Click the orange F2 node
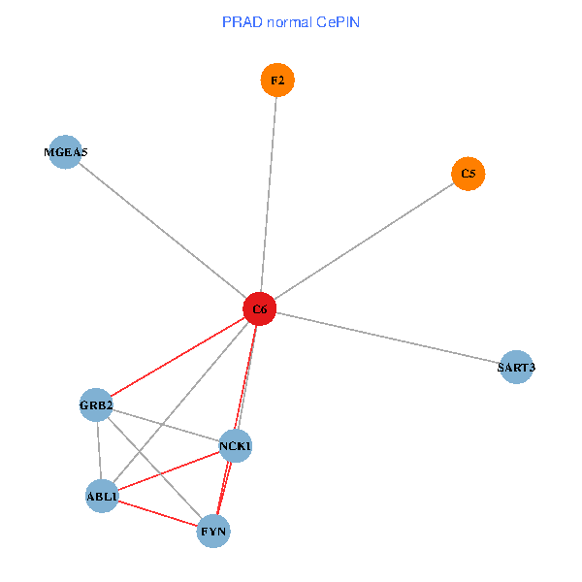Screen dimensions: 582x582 [x=277, y=81]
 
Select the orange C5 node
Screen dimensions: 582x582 [x=469, y=174]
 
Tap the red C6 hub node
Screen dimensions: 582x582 [x=260, y=308]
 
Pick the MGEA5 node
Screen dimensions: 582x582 [x=65, y=152]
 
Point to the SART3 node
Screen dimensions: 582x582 [x=516, y=367]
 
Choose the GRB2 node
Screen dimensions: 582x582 [x=96, y=404]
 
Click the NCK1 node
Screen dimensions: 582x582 [x=236, y=446]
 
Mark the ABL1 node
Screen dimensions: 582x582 [x=102, y=496]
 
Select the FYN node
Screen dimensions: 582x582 [x=213, y=532]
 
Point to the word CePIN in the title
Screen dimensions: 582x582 [x=339, y=22]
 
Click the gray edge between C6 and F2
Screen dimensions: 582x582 [x=269, y=195]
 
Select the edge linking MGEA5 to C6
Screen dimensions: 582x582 [x=163, y=231]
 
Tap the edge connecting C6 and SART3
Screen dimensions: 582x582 [x=388, y=339]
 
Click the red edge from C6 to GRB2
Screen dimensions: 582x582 [x=178, y=357]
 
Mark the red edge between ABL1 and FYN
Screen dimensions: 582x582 [x=158, y=514]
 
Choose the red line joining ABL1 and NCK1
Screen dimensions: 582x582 [x=169, y=470]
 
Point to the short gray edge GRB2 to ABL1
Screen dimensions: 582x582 [x=100, y=451]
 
